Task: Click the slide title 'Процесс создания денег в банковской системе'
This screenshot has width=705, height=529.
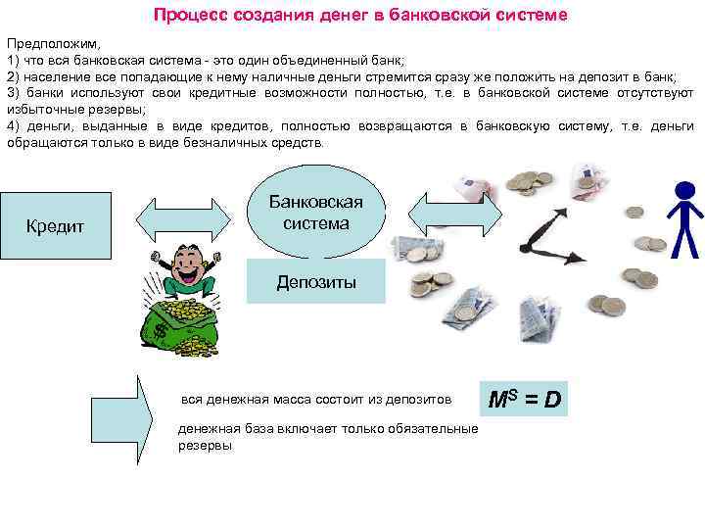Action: [x=359, y=17]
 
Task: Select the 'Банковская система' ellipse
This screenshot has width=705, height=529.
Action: [x=315, y=213]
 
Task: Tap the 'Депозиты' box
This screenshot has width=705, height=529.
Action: [x=315, y=283]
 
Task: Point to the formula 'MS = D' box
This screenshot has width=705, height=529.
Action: [x=524, y=400]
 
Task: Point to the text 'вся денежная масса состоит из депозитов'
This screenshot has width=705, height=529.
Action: [x=317, y=400]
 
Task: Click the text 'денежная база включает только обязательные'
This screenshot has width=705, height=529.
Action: [x=328, y=429]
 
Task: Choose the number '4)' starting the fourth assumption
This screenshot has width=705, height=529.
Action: [x=13, y=126]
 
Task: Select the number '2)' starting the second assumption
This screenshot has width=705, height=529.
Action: [x=13, y=76]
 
